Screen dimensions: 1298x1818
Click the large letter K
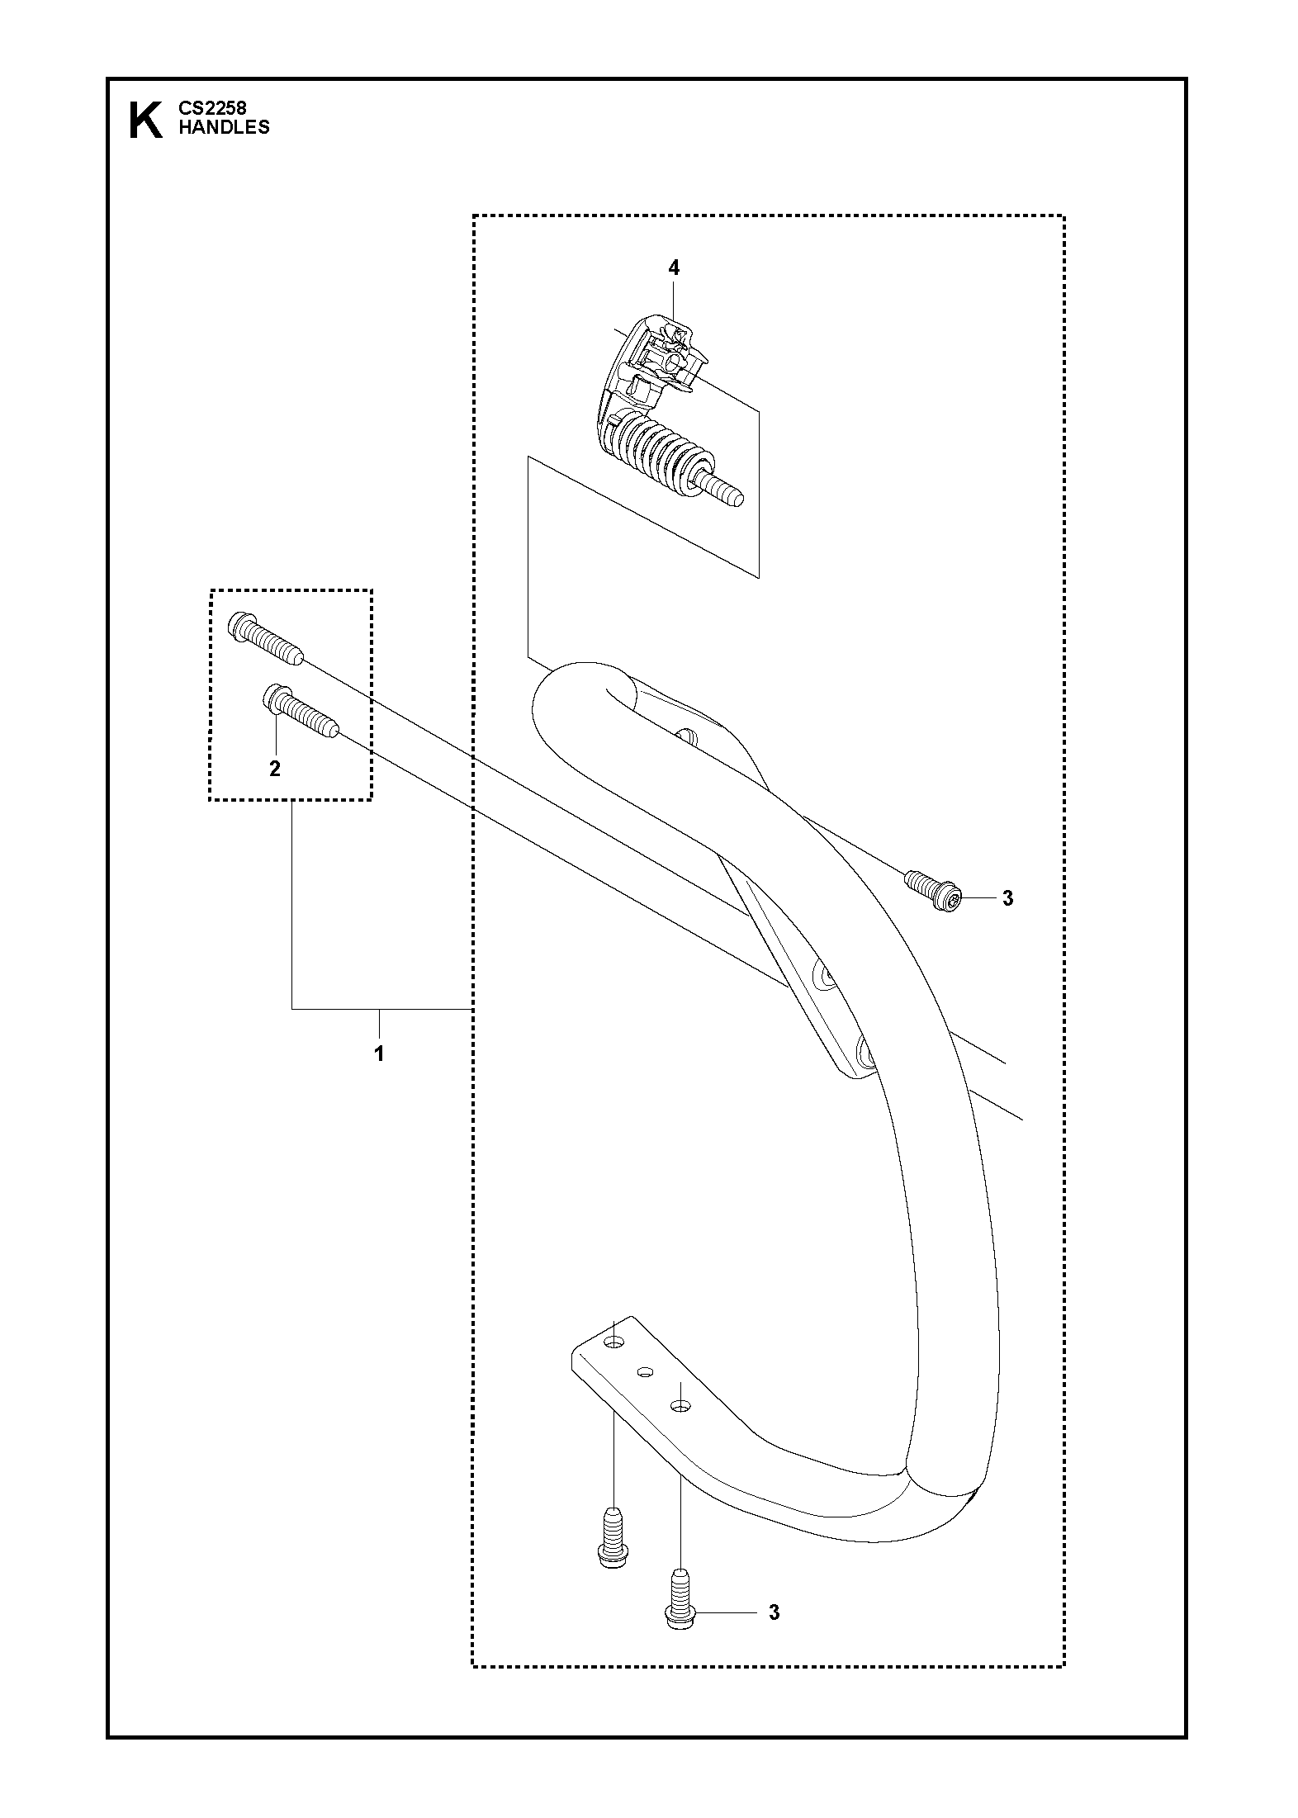(146, 121)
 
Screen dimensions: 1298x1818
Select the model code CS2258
(212, 107)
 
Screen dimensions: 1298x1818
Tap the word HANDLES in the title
(224, 127)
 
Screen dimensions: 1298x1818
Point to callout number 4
(674, 267)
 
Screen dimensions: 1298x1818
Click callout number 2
(275, 769)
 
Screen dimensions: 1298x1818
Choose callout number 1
(379, 1054)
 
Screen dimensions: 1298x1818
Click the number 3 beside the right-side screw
(1007, 899)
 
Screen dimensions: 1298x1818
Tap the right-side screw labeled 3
(933, 892)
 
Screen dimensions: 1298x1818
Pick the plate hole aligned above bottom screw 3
(679, 1404)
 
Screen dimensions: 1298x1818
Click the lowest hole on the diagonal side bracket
(866, 1054)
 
